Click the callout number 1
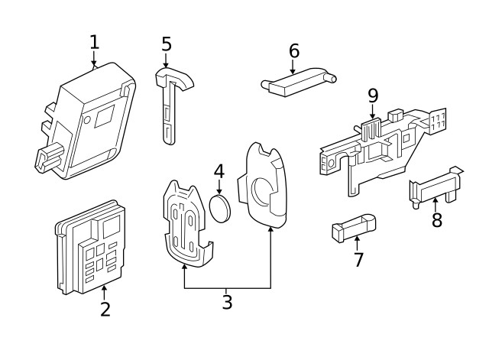pos(94,42)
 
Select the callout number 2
pos(105,309)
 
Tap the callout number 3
pos(227,301)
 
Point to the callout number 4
pos(219,172)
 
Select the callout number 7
pos(358,259)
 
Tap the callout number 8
pos(437,221)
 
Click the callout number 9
pos(373,96)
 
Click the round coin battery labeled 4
pos(220,207)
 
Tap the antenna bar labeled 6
pos(298,78)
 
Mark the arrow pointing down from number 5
pos(167,61)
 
